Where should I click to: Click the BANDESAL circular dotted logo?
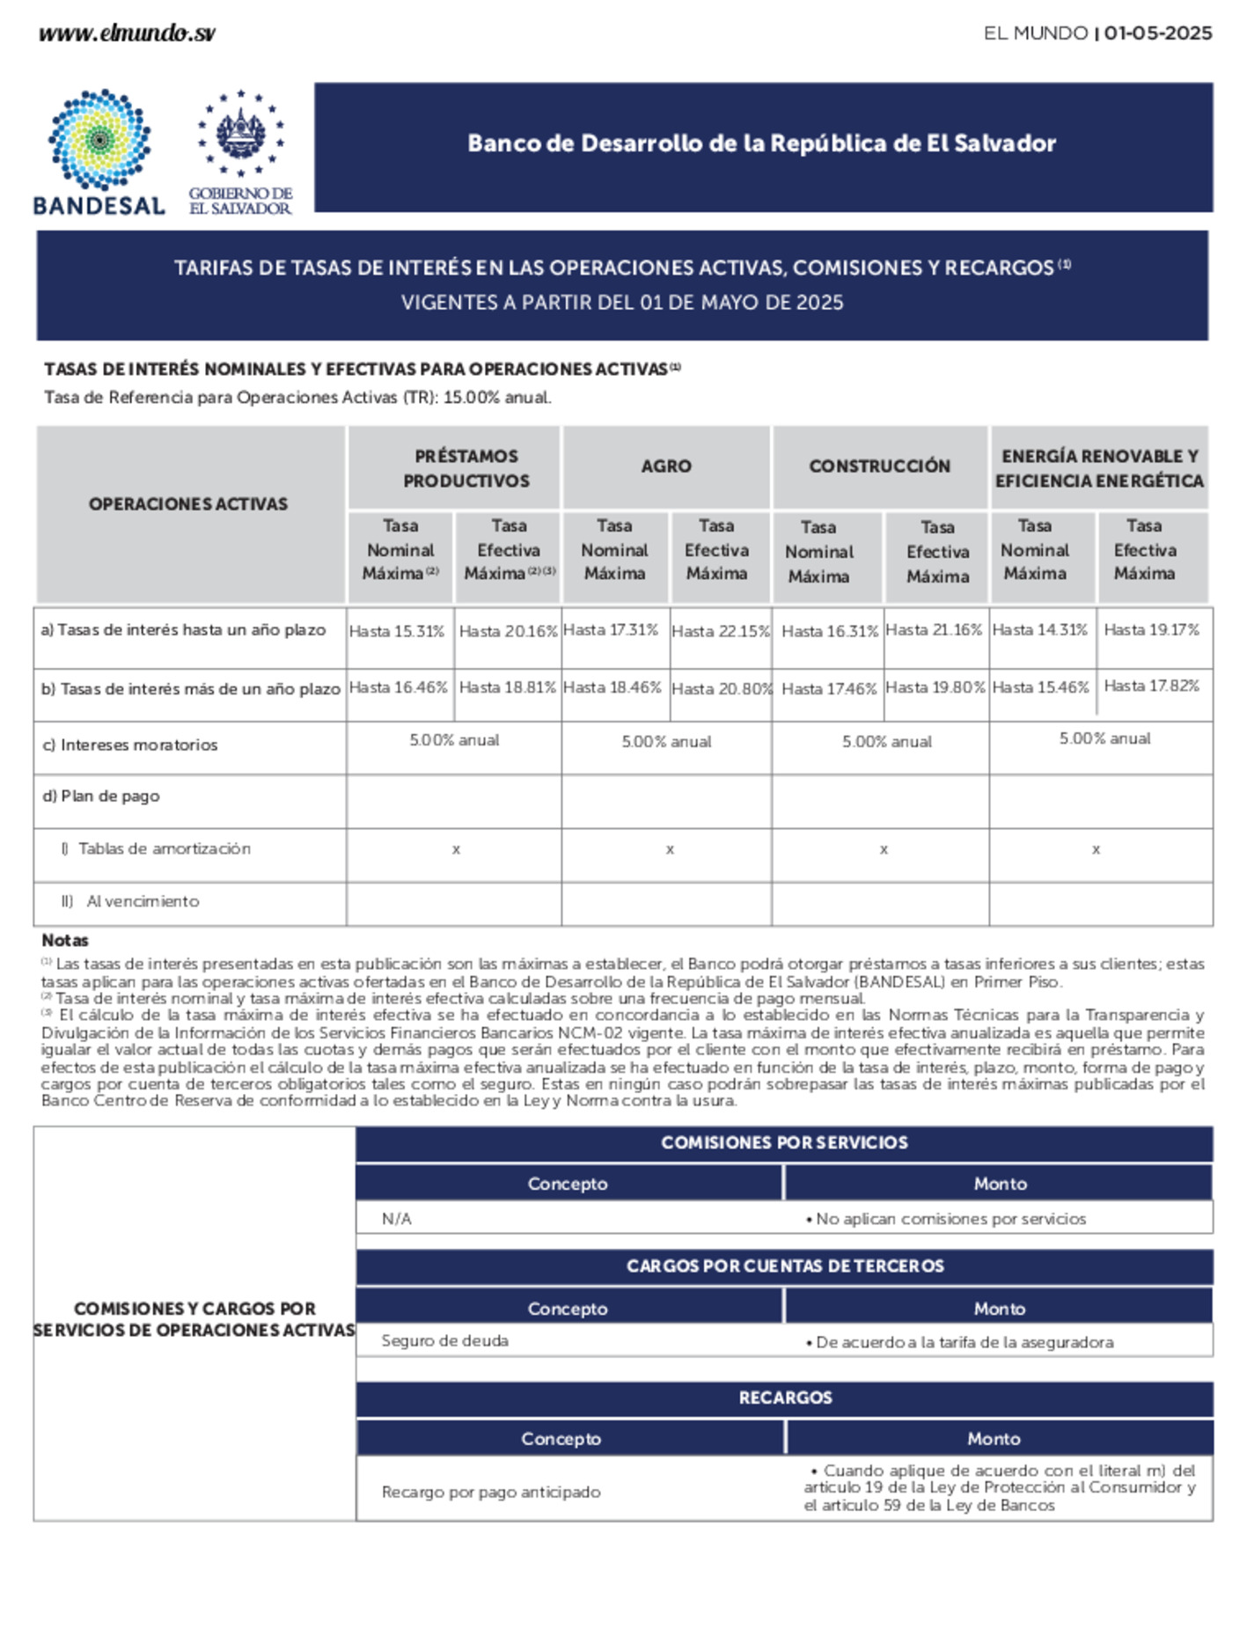point(99,139)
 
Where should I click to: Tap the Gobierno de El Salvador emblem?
point(240,133)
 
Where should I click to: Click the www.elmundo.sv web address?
point(127,33)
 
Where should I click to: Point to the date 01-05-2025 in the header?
point(1158,33)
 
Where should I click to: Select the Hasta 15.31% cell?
point(397,631)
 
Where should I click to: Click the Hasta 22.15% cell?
point(721,631)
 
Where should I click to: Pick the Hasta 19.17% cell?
point(1151,630)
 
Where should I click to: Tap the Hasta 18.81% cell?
point(507,687)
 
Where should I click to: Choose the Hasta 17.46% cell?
point(829,689)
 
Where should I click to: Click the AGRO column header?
point(666,466)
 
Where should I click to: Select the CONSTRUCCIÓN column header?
point(879,466)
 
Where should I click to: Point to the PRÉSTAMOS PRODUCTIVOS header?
point(466,468)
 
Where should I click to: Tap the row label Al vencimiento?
point(142,901)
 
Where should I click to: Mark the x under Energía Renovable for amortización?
point(1096,849)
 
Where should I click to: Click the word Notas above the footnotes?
point(65,940)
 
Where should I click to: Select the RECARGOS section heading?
point(785,1397)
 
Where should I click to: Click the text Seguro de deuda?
point(444,1340)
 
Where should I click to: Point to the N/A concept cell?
point(396,1219)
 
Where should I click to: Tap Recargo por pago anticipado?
point(491,1492)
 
